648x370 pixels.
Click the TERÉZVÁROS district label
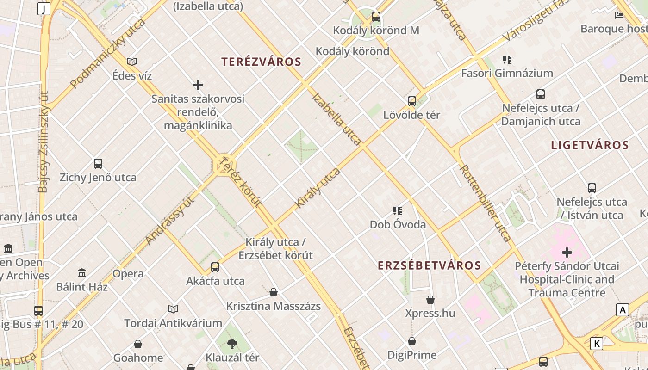coord(261,62)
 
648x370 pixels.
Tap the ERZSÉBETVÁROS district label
coord(430,265)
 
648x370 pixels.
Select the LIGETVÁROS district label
coord(590,145)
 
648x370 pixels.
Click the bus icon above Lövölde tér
coord(412,101)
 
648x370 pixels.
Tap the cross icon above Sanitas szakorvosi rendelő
coord(198,85)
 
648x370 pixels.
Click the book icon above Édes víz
coord(132,62)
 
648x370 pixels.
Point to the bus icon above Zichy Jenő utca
coord(98,163)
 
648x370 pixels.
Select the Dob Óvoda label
coord(398,225)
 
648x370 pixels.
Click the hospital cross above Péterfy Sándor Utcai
coord(567,253)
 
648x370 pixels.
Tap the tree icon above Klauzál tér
coord(232,344)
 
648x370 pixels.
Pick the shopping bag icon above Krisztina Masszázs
coord(274,292)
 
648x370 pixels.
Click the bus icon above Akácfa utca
coord(215,267)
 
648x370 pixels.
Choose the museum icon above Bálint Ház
coord(82,273)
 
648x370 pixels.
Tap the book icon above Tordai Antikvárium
coord(173,309)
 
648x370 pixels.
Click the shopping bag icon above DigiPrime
coord(412,341)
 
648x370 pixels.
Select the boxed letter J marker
coord(44,9)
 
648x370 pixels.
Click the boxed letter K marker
coord(597,344)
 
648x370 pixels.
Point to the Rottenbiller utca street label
coord(486,203)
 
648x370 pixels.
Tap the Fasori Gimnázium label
coord(507,73)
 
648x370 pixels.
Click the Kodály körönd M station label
coord(376,31)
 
